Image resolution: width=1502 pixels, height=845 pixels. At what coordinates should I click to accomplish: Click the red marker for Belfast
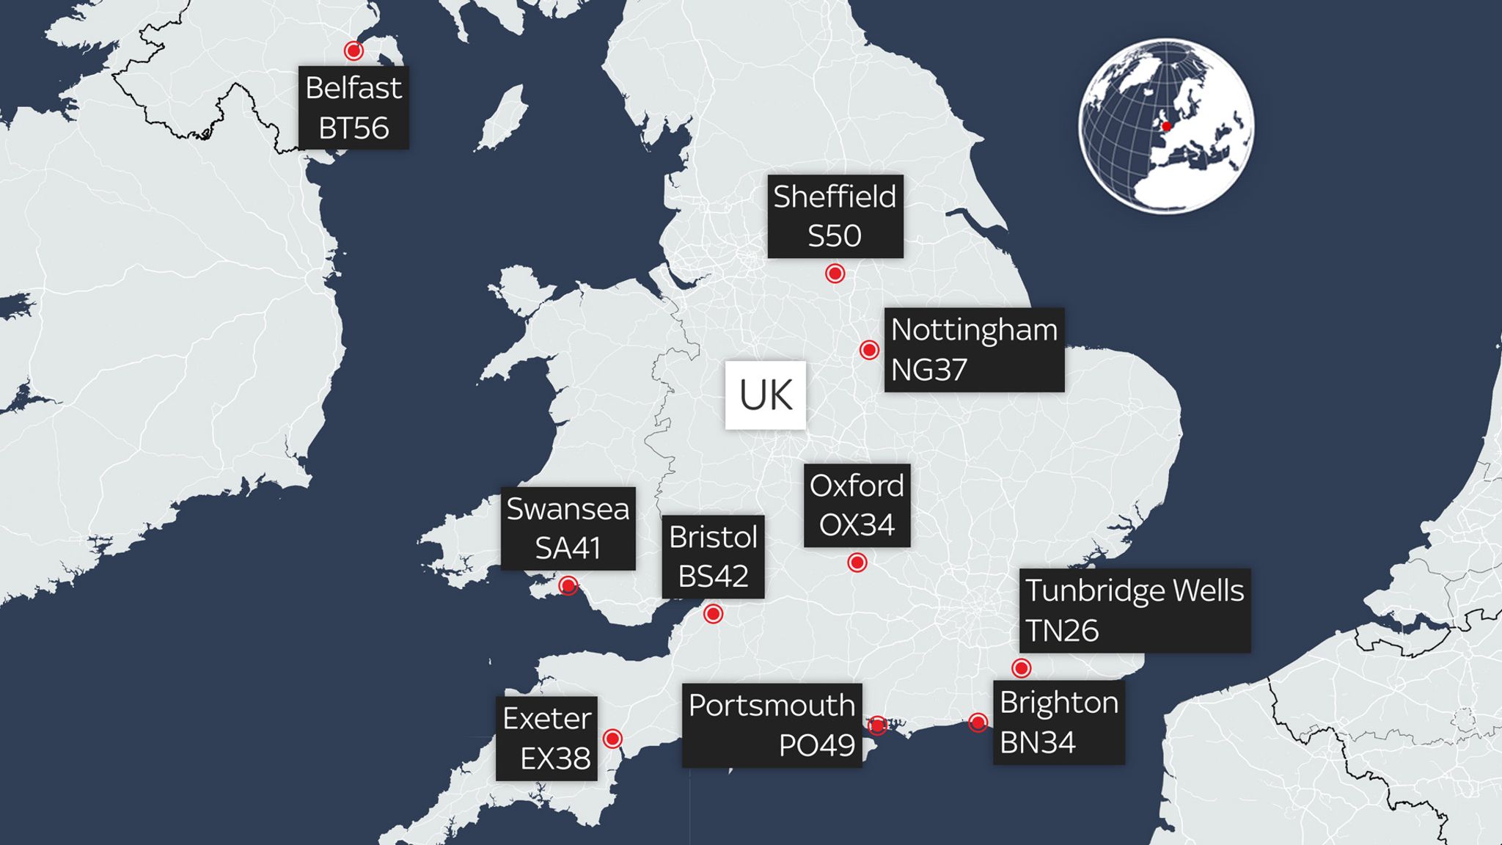pos(353,51)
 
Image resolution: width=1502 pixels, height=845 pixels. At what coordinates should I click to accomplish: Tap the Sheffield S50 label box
pos(835,216)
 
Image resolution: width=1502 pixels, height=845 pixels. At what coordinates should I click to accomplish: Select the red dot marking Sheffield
pos(835,274)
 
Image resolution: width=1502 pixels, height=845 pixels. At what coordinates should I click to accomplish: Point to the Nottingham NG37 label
pos(974,350)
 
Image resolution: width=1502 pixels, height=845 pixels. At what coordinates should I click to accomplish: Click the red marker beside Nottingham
pos(869,350)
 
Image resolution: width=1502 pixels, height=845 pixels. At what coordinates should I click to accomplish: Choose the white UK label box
pos(765,395)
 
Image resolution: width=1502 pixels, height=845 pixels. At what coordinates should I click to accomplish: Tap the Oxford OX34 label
pos(857,505)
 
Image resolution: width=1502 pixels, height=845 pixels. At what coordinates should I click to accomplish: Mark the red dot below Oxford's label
pos(857,563)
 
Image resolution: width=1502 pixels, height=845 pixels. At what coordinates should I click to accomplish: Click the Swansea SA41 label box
pos(568,528)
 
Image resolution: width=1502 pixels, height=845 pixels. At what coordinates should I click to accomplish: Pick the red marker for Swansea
pos(568,585)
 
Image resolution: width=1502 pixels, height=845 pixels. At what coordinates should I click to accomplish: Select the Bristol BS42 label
pos(713,557)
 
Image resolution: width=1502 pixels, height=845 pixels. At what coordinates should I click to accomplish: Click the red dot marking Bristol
pos(713,613)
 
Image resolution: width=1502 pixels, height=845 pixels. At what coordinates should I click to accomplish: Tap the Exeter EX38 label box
pos(546,738)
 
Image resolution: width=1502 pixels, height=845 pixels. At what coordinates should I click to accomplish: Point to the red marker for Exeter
pos(612,738)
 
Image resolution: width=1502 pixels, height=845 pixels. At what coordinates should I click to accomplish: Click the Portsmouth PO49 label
pos(772,725)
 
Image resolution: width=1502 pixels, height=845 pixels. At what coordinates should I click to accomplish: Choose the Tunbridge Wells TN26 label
pos(1135,610)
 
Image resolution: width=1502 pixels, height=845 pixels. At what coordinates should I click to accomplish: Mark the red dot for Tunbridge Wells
pos(1021,668)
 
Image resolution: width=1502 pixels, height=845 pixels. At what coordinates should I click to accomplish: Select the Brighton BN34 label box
pos(1058,723)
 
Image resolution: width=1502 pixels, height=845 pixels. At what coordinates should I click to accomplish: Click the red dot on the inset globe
pos(1166,126)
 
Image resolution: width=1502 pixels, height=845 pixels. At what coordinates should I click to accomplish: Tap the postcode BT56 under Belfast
pos(353,128)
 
